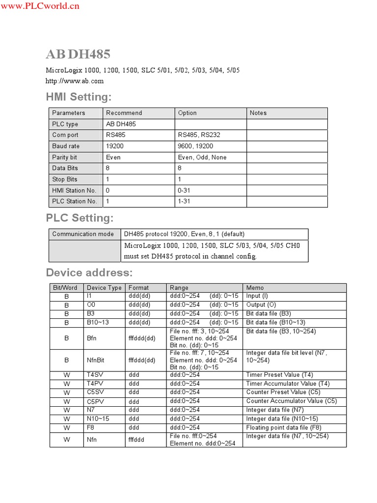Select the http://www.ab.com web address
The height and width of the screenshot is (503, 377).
75,81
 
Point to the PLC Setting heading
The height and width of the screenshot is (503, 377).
80,218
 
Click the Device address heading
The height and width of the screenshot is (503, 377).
89,273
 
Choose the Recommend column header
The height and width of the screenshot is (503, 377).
124,113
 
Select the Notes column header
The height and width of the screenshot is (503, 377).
258,113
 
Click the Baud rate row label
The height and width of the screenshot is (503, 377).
66,146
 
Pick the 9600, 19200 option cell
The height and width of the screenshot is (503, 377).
195,146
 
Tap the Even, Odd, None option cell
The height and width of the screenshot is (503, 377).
202,158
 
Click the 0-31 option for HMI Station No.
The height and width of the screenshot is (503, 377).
184,191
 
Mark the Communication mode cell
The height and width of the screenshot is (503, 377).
83,234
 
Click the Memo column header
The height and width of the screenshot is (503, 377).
255,288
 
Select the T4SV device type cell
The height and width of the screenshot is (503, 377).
95,375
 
